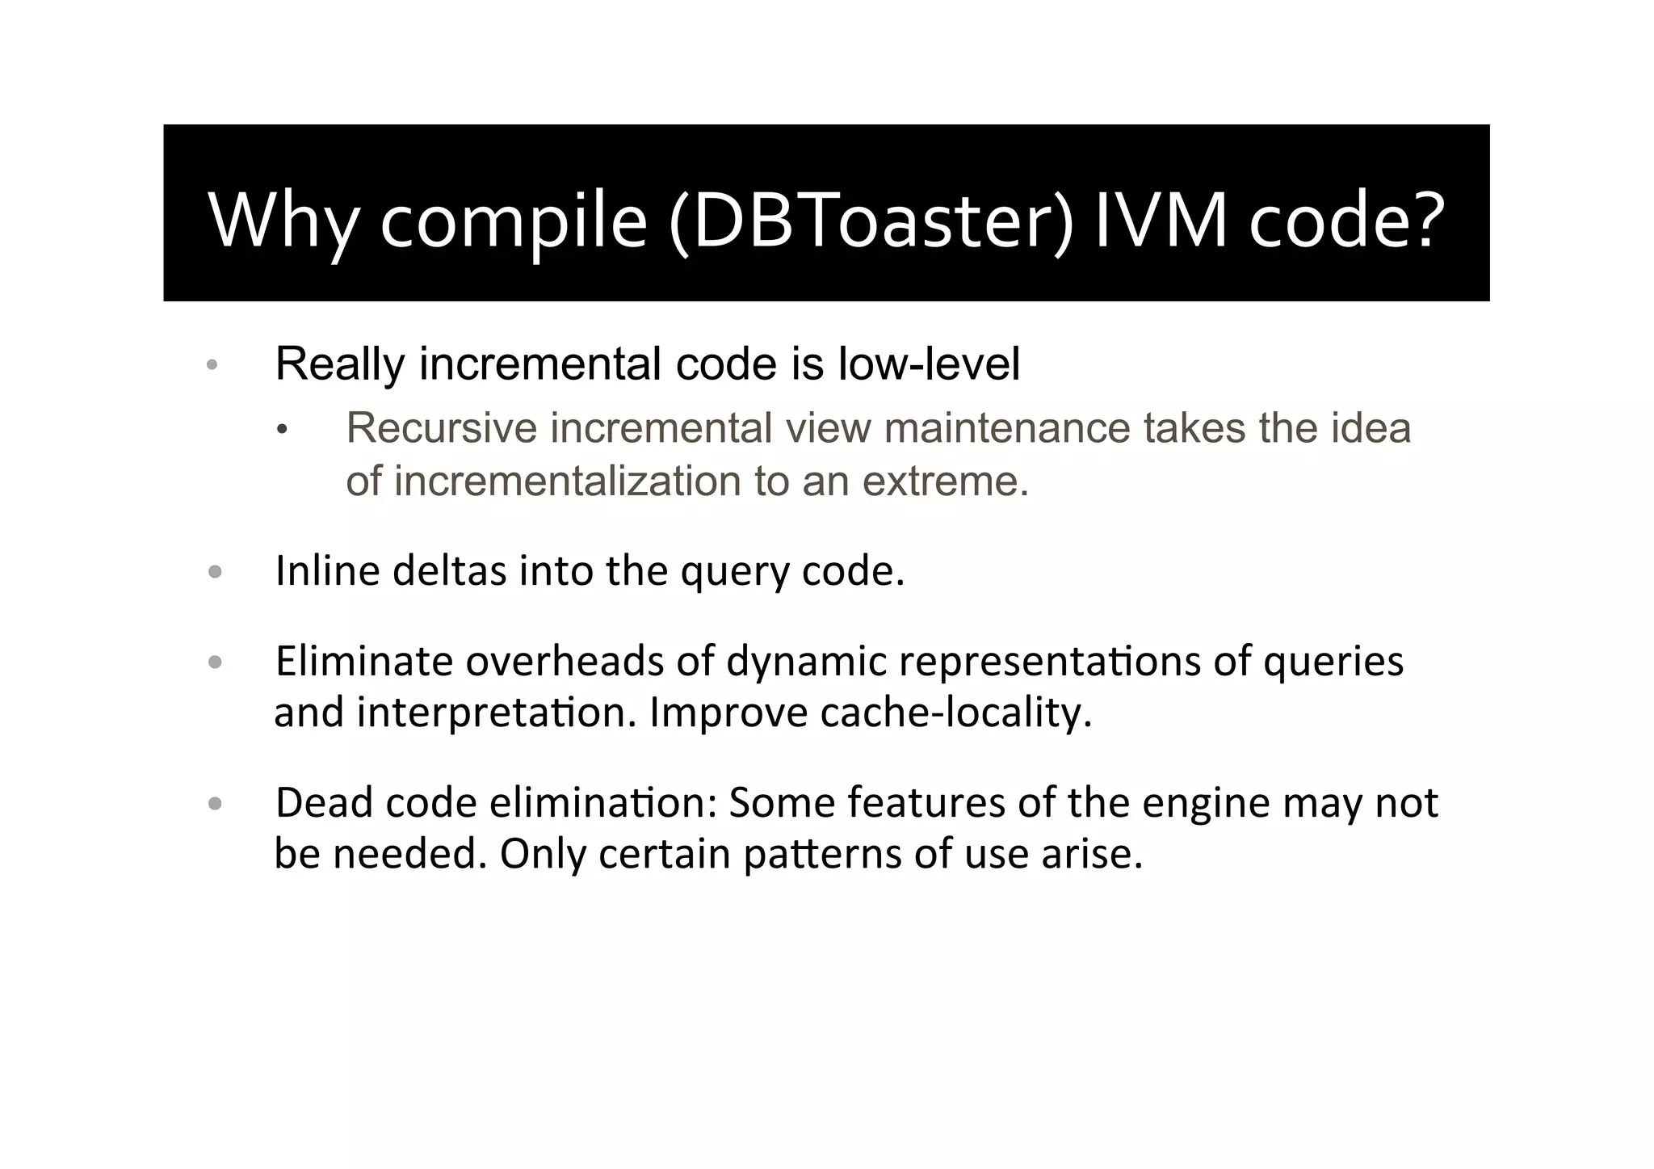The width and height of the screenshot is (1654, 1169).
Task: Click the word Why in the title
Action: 283,220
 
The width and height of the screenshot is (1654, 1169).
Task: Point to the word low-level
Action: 929,364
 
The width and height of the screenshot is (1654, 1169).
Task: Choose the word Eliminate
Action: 364,662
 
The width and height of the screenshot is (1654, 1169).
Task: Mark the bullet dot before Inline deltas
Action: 214,573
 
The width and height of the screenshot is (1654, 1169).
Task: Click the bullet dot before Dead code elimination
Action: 214,804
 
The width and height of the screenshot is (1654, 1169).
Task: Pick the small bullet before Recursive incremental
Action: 281,431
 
